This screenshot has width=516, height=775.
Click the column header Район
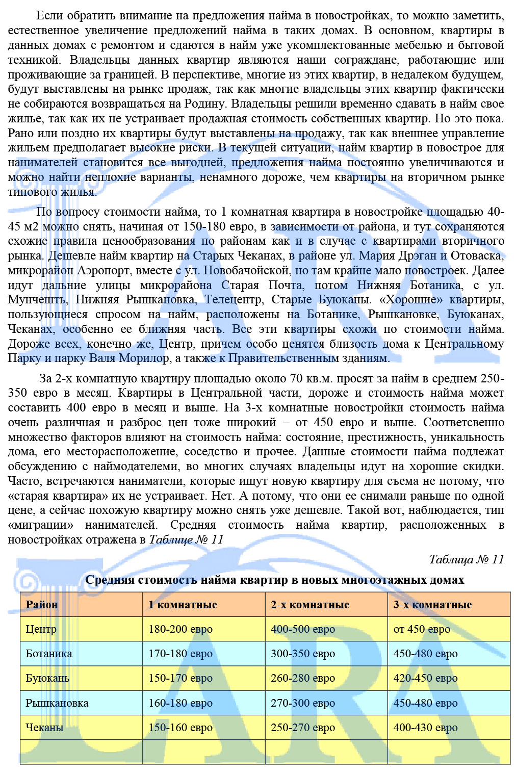42,605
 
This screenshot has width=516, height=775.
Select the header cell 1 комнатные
183,605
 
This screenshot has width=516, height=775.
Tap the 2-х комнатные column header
310,605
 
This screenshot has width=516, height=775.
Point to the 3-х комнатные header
432,605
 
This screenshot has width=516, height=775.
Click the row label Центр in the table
41,629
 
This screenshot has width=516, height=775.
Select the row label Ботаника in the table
49,654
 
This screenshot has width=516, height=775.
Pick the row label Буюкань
47,678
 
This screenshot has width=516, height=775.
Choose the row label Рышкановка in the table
57,703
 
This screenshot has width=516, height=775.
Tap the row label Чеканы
44,728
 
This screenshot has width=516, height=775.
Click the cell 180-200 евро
180,629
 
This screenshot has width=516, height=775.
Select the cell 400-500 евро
303,629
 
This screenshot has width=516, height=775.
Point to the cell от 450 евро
422,629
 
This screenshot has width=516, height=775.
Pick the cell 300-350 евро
303,654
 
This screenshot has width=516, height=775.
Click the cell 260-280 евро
303,678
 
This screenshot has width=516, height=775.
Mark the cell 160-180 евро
180,703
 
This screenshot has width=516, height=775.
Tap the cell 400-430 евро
425,728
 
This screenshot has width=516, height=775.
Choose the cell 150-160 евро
180,728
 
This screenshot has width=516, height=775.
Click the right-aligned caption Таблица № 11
467,559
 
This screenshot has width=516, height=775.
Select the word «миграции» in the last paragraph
41,525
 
